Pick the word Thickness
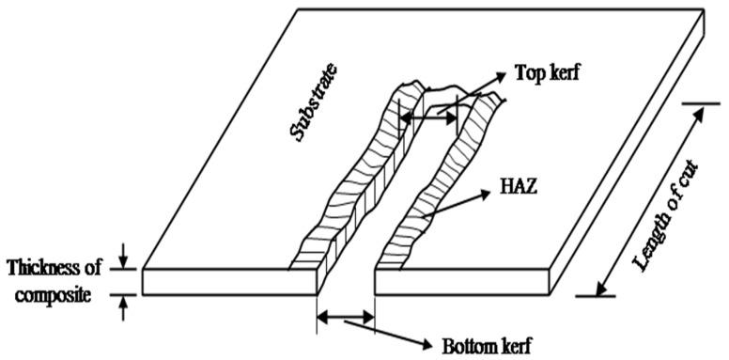coord(54,267)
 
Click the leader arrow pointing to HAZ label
coord(456,206)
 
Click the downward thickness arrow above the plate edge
coord(124,255)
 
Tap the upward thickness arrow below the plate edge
coord(124,307)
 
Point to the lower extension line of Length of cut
coord(597,296)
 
